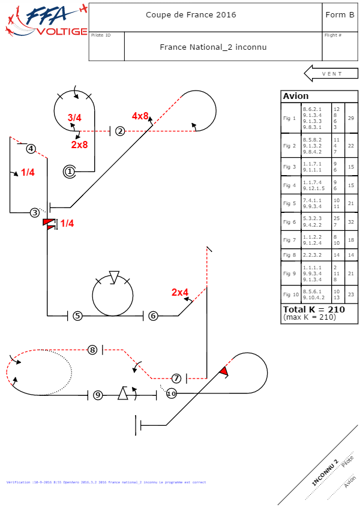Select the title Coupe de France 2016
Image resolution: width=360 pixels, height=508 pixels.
coord(191,15)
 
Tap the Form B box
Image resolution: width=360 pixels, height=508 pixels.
coord(339,15)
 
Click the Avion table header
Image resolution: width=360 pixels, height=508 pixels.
coord(296,96)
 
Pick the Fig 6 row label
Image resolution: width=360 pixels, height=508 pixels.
coord(290,222)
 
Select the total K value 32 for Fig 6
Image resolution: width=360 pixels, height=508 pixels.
coord(350,222)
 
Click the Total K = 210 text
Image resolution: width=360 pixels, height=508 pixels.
coord(314,309)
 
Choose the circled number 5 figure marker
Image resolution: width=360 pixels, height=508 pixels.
coord(77,315)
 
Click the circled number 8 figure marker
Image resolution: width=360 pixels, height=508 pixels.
coord(92,350)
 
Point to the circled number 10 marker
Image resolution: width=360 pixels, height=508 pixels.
coord(172,393)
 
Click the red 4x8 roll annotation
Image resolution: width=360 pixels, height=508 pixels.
coord(140,116)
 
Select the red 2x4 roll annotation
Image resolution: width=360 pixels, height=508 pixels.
coord(180,293)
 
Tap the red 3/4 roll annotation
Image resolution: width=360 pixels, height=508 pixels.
coord(74,118)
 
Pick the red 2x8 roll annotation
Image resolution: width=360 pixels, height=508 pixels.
coord(79,145)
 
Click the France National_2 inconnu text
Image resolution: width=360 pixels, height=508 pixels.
coord(213,47)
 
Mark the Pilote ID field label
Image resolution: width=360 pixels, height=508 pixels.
coord(101,35)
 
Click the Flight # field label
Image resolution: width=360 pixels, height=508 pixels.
coord(333,35)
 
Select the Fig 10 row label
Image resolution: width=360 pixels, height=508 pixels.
coord(290,294)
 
